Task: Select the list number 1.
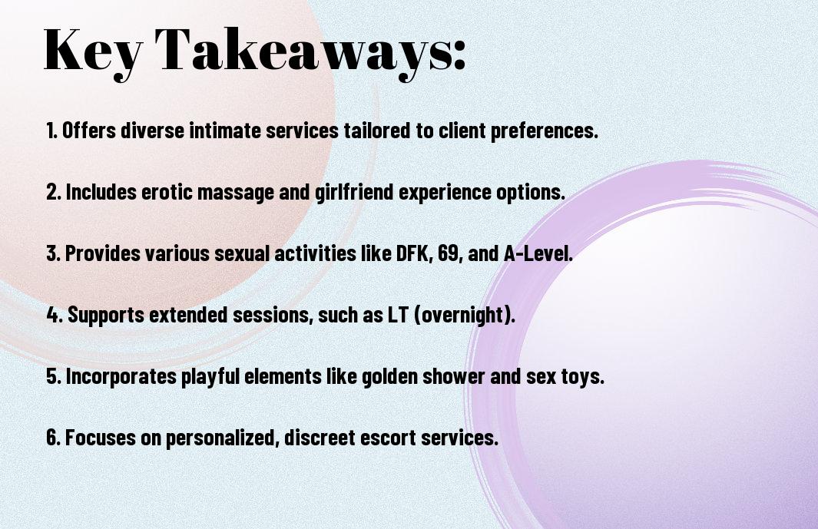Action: [x=51, y=131]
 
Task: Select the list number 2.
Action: [x=54, y=192]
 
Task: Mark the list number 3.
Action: [x=54, y=253]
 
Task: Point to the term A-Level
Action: [x=538, y=253]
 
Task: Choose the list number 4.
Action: [x=55, y=315]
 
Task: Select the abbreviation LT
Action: [x=398, y=315]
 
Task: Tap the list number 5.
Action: [x=54, y=376]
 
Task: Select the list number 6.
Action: [x=54, y=438]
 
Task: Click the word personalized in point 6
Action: [x=220, y=438]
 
